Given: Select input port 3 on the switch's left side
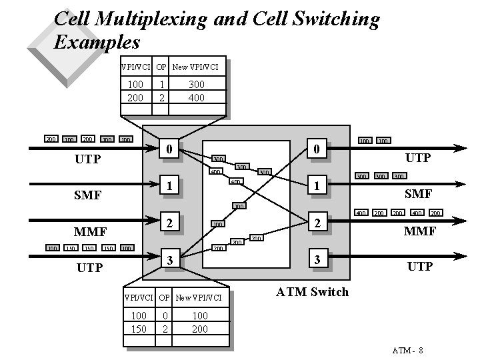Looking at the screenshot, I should (170, 259).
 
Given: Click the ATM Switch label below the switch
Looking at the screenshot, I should (312, 291).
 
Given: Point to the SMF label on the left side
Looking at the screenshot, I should (88, 195).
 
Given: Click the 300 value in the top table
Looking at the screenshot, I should (196, 85).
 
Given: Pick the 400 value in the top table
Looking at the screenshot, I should (196, 97).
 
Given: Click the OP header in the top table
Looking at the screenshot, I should (161, 67).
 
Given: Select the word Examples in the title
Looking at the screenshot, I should (97, 42).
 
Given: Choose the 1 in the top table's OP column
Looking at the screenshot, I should (161, 85).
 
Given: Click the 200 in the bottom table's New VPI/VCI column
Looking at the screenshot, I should (199, 329).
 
